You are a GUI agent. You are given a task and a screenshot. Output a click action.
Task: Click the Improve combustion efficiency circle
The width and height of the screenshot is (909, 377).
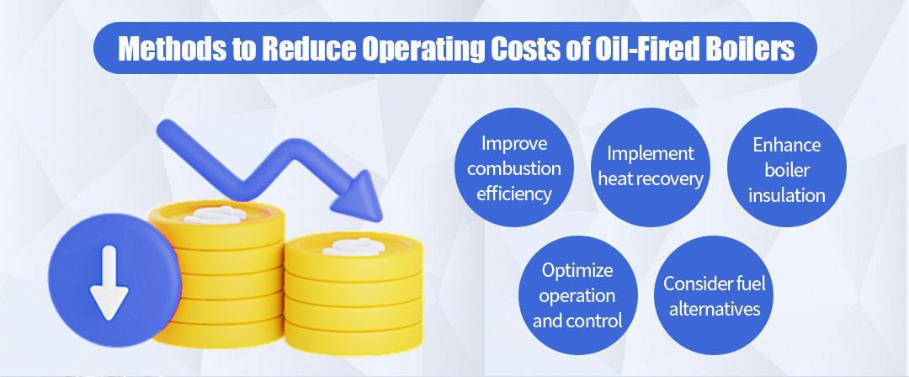513,167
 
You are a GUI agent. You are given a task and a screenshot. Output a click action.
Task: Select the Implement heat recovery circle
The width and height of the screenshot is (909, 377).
651,167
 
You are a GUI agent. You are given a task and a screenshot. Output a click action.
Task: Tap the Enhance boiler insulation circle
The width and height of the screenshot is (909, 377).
786,167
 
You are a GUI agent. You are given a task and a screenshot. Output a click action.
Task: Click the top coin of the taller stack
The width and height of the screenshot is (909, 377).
216,215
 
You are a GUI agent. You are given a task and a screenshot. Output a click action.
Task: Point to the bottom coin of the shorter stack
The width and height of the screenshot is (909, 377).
353,325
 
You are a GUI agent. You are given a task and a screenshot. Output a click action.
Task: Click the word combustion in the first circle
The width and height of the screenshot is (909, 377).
513,168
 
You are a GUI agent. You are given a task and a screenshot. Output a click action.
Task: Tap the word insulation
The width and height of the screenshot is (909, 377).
787,195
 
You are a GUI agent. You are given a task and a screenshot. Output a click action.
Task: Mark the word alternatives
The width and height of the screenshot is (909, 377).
714,309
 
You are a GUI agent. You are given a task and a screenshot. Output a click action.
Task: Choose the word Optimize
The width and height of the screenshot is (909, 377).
577,271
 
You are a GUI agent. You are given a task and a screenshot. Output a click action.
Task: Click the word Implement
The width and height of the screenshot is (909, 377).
651,153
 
